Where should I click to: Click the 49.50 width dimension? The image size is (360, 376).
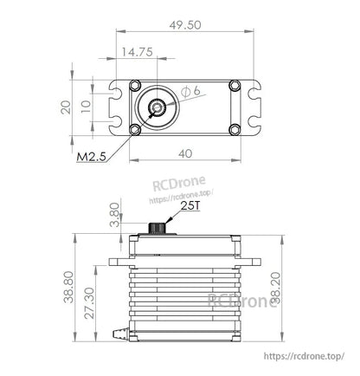click(187, 26)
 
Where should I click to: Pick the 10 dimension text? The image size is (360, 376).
click(85, 107)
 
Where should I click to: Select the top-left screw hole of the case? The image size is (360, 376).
click(135, 85)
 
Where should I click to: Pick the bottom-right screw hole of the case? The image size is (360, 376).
click(235, 130)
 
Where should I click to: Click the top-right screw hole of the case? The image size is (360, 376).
click(235, 85)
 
